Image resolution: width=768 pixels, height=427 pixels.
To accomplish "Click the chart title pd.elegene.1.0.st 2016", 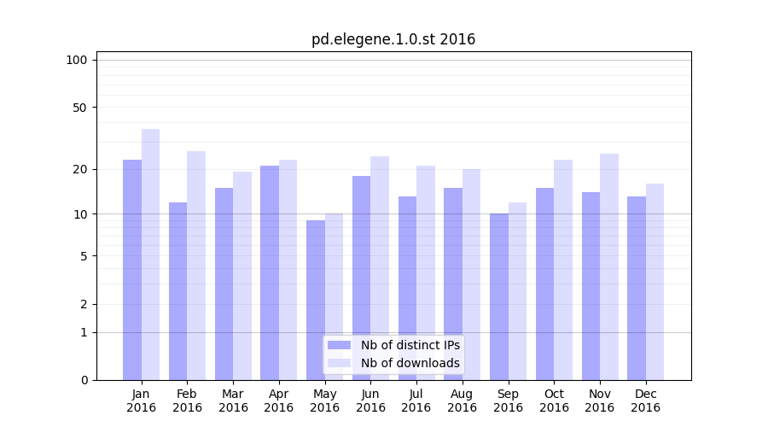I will (x=393, y=39).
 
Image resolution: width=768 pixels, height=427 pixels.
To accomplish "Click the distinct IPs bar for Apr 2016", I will (x=270, y=272).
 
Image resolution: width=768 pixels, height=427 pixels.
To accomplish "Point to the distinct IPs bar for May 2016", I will (x=316, y=300).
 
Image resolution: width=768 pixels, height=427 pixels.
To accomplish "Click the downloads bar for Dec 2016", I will (x=655, y=282).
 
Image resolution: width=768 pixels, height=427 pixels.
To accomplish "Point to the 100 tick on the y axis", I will (x=77, y=60).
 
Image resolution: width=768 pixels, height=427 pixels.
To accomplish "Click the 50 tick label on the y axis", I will (x=79, y=108).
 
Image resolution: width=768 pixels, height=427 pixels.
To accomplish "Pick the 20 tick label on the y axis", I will (x=79, y=169).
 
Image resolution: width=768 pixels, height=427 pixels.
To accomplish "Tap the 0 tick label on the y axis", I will (x=84, y=380).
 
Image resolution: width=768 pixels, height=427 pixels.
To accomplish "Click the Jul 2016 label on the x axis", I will (x=416, y=401).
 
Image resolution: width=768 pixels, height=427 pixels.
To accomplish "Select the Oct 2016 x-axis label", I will (x=554, y=401).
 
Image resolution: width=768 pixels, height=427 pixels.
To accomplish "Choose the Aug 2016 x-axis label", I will (x=463, y=401).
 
